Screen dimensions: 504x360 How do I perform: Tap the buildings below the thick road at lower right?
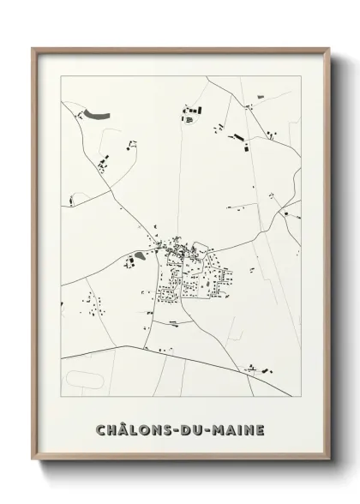tap(257, 369)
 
